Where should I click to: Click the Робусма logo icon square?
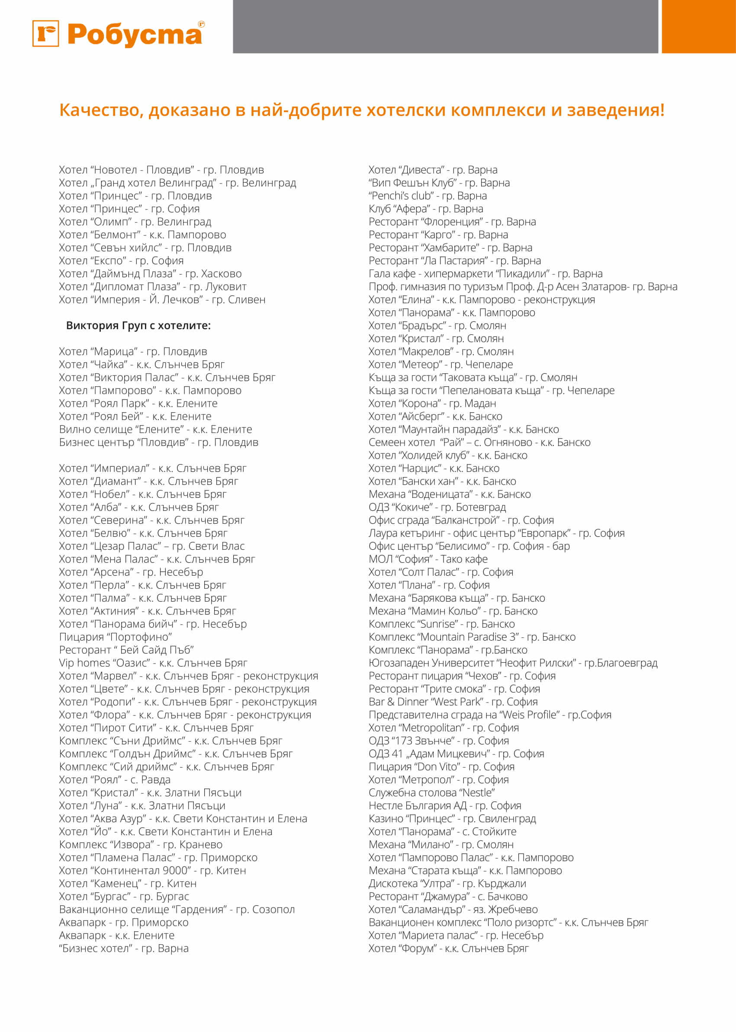[45, 34]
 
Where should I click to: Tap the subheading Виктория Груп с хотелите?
[138, 326]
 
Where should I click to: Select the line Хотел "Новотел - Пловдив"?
[161, 170]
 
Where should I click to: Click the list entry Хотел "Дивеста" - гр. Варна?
[432, 170]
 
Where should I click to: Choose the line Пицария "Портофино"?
[116, 637]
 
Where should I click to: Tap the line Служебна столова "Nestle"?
[431, 793]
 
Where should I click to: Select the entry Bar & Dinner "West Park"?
[453, 702]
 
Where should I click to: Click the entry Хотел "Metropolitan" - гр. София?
[443, 728]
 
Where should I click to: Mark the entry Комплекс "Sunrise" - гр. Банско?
[441, 624]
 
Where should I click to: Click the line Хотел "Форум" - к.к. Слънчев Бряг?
[448, 948]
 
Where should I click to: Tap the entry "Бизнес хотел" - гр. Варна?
[124, 948]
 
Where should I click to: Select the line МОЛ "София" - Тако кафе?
[428, 559]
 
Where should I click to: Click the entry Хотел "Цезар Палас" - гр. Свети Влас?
[152, 546]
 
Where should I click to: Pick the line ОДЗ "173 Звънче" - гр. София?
[438, 741]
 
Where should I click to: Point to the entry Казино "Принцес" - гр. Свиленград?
[452, 819]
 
